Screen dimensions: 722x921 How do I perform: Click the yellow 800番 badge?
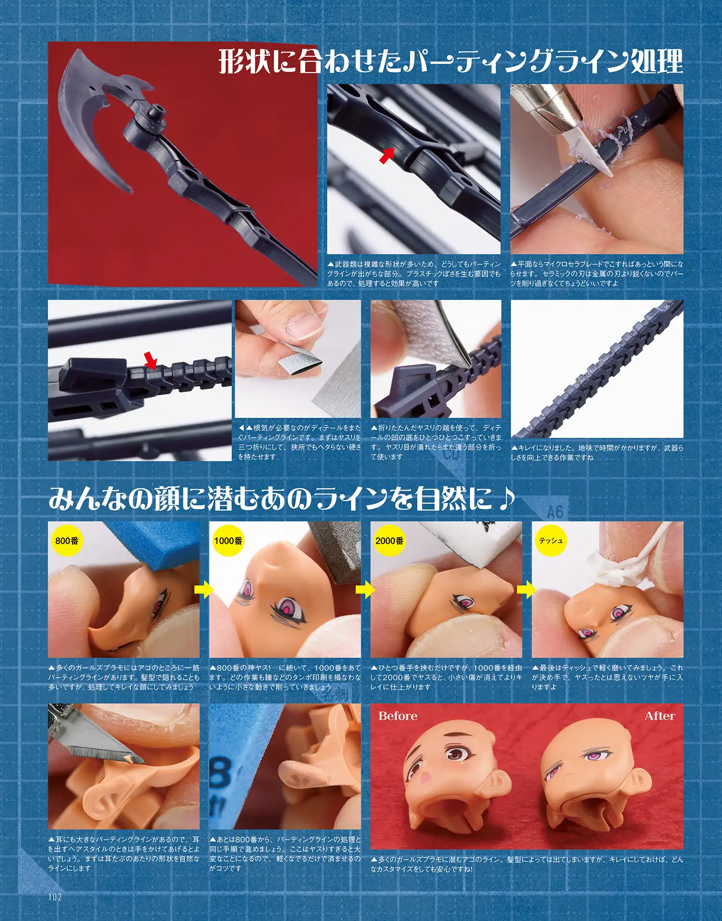click(x=67, y=541)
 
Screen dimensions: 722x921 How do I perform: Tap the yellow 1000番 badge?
click(x=228, y=541)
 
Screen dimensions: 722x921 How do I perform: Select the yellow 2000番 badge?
click(x=389, y=541)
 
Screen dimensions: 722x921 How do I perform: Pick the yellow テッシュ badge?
click(x=550, y=541)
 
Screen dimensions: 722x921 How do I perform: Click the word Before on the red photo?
click(x=398, y=716)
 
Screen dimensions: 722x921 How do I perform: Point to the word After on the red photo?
click(x=660, y=716)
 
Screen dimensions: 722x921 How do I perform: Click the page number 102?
click(x=55, y=897)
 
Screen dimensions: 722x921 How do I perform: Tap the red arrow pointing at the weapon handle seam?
click(x=387, y=155)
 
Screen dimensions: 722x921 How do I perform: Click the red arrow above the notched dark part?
click(x=151, y=360)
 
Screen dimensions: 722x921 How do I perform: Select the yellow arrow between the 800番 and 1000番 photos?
click(x=204, y=590)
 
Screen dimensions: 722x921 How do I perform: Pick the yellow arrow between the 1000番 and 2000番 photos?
click(x=366, y=590)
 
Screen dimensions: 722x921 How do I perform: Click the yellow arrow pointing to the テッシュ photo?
click(x=527, y=590)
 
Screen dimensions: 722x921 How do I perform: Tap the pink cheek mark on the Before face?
click(x=425, y=776)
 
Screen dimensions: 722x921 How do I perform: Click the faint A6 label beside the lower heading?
click(x=555, y=512)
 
